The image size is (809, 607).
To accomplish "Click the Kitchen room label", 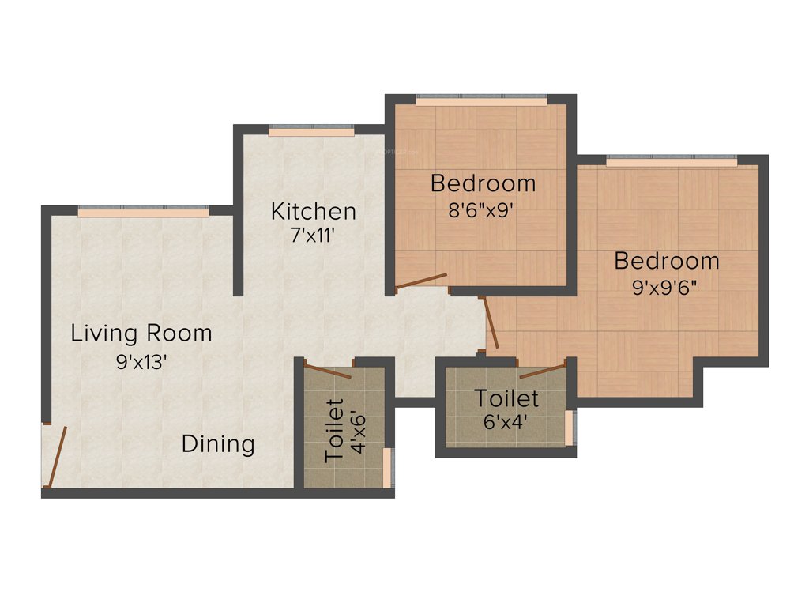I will pos(313,211).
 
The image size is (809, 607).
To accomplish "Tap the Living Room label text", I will pos(141,333).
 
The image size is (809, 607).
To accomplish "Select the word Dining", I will pos(218,444).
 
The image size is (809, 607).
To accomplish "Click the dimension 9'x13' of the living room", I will pos(141,363).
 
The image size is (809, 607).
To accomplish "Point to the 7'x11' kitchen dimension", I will pos(313,237).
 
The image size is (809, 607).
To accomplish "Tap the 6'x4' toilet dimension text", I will pos(506,421).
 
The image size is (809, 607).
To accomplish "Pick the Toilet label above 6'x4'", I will pos(506,398).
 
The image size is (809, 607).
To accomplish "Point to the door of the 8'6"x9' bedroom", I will pos(421,281).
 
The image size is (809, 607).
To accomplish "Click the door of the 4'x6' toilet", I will pos(327,372).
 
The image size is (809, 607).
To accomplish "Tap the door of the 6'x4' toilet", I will pos(543,370).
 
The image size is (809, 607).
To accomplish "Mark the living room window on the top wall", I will pos(143,212).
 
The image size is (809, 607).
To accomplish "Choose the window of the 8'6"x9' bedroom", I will pos(480,100).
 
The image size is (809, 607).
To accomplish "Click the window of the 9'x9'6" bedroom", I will pos(672,161).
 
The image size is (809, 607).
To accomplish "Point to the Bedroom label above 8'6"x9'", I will pos(483,183).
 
